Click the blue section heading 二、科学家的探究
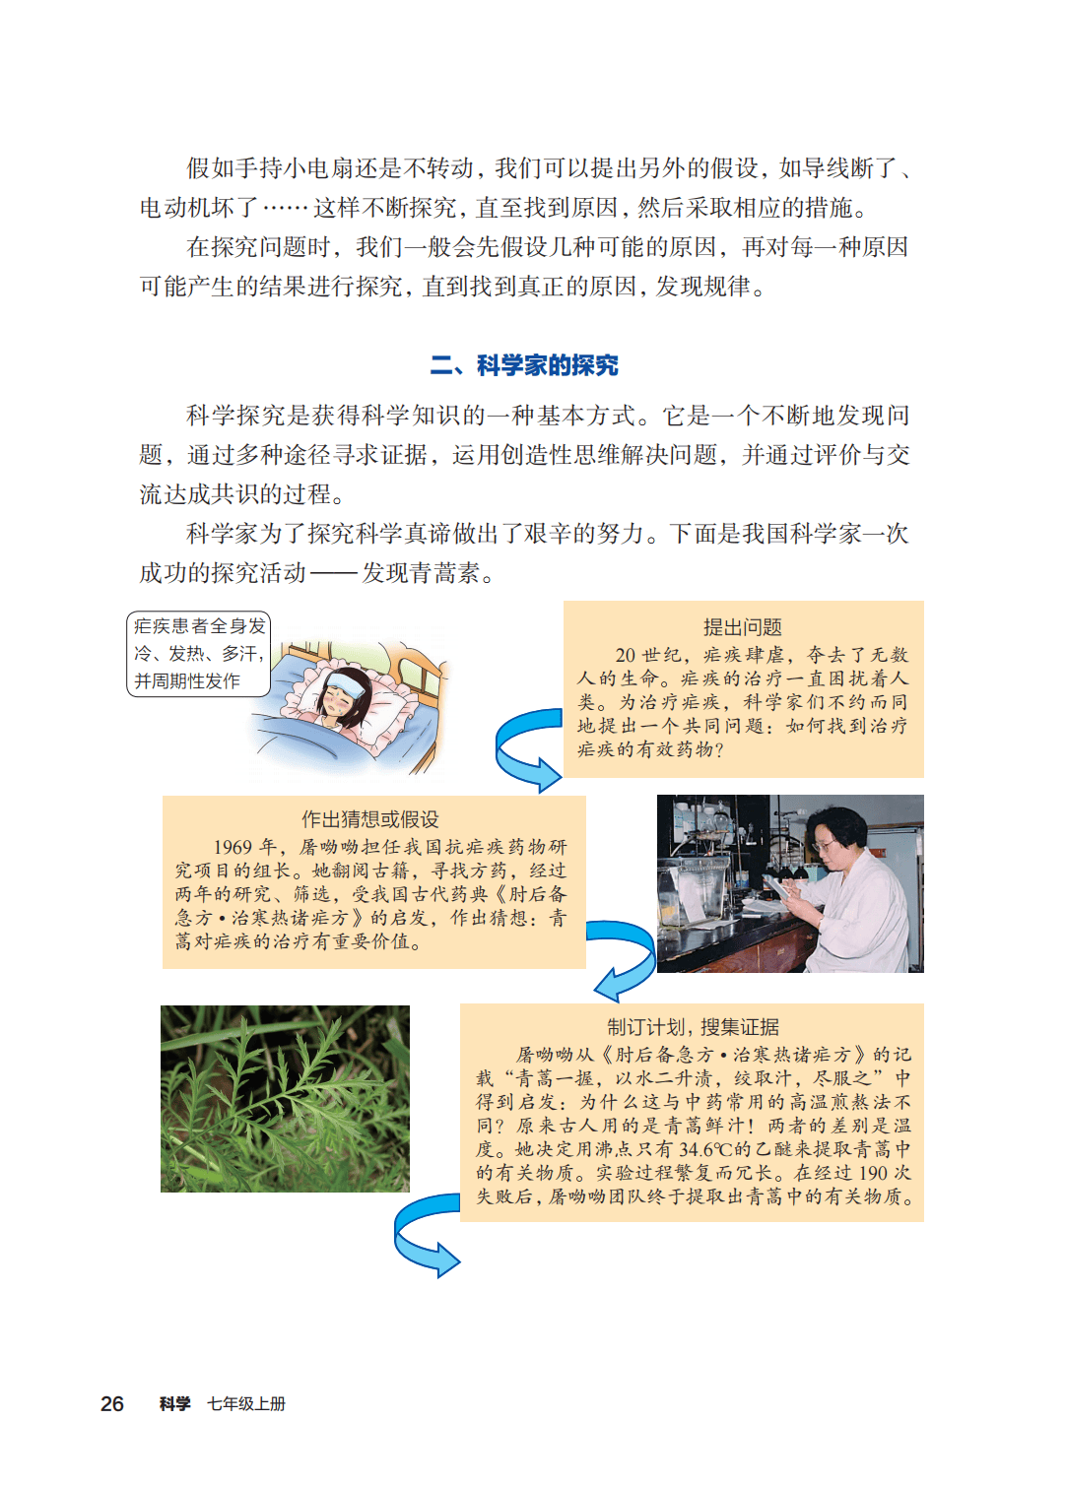tap(524, 365)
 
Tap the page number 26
tap(112, 1403)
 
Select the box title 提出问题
tap(742, 627)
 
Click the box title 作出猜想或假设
tap(370, 819)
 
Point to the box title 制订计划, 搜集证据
tap(694, 1027)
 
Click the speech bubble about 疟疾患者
tap(198, 654)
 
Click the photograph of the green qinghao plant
tap(286, 1099)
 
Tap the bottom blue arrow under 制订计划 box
tap(426, 1235)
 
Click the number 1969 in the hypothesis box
tap(233, 847)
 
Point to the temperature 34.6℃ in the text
tap(691, 1149)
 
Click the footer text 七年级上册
tap(246, 1403)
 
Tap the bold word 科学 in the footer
tap(175, 1403)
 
